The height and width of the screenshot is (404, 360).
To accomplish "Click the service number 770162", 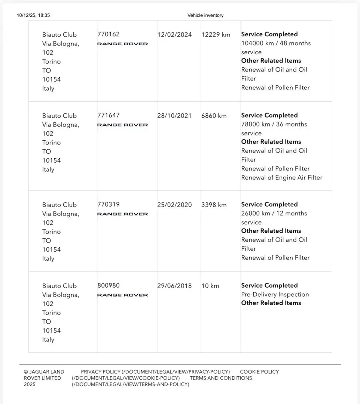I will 109,34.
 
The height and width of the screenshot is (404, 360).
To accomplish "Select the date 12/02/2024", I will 174,35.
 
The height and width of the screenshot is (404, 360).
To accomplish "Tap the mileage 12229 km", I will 216,35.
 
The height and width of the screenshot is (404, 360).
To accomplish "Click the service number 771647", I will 109,116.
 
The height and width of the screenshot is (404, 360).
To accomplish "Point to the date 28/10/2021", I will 174,116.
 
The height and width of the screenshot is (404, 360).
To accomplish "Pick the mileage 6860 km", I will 214,116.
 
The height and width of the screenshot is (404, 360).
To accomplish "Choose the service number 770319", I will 109,205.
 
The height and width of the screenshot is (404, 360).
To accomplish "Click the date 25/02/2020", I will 174,205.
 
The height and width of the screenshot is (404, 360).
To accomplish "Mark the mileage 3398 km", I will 214,205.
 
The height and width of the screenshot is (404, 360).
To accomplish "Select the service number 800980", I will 109,286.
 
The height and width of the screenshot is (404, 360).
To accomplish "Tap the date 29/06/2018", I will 174,286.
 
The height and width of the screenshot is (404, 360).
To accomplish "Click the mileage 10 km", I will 210,286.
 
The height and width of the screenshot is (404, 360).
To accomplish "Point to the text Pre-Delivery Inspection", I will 275,294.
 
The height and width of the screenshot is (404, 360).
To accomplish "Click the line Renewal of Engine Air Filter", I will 282,178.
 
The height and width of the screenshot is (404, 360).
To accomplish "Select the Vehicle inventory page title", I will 205,15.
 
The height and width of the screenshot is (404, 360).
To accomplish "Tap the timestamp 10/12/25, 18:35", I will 33,15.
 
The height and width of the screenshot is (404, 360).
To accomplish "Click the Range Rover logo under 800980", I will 122,295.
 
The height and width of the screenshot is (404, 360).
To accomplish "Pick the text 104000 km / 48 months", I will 276,43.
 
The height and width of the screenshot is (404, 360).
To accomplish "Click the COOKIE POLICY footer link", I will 259,372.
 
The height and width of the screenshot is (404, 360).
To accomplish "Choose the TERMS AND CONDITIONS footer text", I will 221,378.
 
